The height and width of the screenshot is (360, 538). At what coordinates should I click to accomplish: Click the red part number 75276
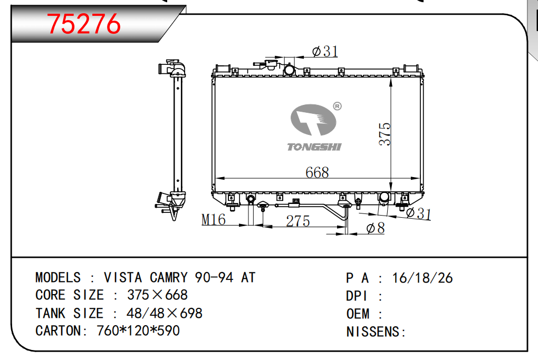coord(83,24)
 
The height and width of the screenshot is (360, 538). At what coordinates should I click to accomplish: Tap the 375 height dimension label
coord(385,134)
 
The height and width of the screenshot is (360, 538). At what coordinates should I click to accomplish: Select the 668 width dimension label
coord(317,172)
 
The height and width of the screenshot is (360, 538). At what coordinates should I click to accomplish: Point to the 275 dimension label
coord(298,221)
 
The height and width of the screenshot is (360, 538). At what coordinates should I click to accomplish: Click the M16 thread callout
coord(214,220)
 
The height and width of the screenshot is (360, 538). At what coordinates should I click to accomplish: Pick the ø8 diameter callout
coord(376,228)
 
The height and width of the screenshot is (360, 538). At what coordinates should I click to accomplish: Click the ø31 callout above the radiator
coord(325,52)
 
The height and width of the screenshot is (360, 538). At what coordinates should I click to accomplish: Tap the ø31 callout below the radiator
coord(418,213)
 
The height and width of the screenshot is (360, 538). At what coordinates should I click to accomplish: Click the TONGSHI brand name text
coord(314,147)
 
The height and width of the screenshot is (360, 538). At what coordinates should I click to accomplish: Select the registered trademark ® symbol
coord(337,106)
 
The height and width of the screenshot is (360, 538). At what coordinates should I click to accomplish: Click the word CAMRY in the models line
coord(169,277)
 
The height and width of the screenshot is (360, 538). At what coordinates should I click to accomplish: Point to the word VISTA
coord(123,277)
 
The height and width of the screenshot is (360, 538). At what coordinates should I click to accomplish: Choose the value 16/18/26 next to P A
coord(422,278)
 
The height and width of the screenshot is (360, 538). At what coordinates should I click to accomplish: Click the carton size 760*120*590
coord(138,330)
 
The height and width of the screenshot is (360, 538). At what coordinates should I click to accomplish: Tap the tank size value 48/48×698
coord(165,313)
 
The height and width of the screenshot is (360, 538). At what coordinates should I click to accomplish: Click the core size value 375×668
coord(158,295)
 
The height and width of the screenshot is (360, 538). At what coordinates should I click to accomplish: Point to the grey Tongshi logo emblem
coord(313,120)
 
